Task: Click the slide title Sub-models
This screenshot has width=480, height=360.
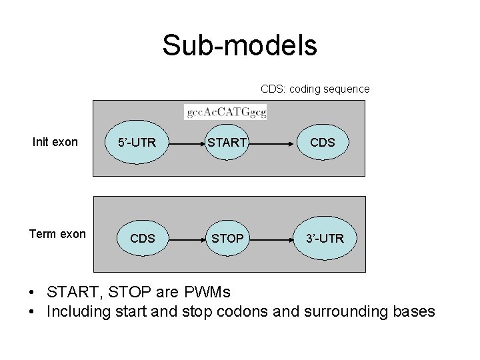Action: point(239,45)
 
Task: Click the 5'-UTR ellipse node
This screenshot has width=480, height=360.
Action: point(138,142)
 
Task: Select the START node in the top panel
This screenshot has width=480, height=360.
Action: point(227,142)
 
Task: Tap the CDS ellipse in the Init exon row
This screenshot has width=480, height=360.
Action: point(323,142)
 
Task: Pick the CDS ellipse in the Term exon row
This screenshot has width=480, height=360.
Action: point(143,238)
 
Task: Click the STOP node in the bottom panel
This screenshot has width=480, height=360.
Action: point(227,238)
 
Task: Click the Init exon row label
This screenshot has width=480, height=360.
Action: point(55,142)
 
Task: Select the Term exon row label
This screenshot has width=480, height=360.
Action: point(57,234)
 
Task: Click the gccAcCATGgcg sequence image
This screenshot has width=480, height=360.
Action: point(225,112)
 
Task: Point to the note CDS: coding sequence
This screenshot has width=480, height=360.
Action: point(315,89)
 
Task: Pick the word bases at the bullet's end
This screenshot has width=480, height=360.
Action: point(415,311)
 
